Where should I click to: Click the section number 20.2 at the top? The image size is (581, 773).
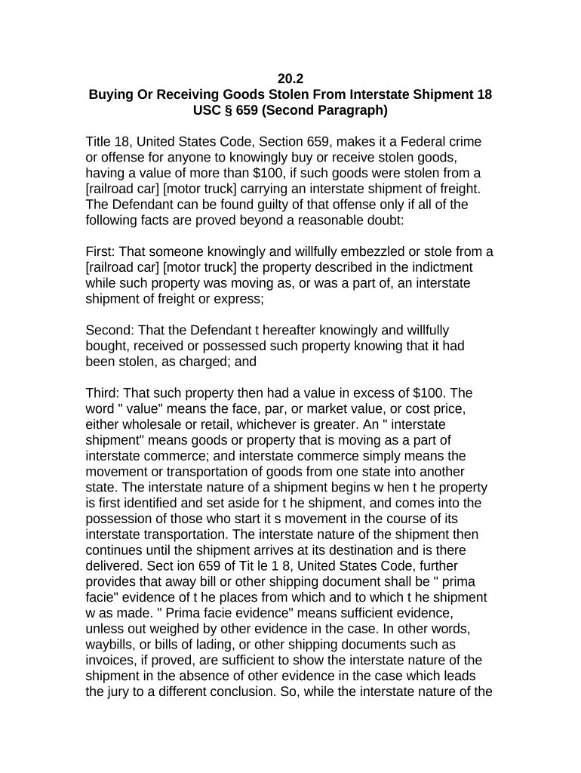(x=290, y=79)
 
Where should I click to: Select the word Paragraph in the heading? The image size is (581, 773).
(x=352, y=110)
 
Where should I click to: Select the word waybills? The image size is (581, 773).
(x=111, y=644)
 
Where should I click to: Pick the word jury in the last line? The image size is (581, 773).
(x=120, y=691)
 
